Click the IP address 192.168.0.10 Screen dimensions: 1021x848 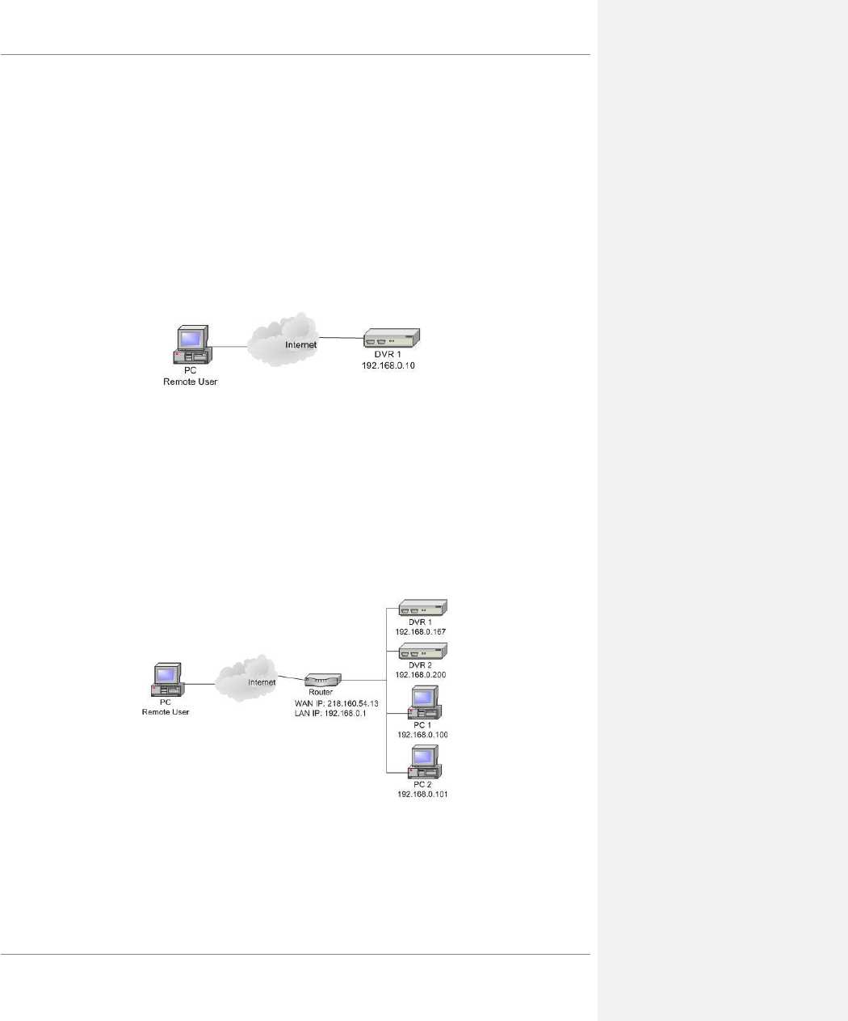(x=388, y=366)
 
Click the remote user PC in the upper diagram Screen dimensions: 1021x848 (x=191, y=347)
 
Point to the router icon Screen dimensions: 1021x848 (x=323, y=681)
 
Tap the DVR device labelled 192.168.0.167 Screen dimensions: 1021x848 (x=422, y=608)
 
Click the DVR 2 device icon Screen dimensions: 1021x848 (x=422, y=652)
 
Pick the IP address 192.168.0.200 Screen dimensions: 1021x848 (x=421, y=674)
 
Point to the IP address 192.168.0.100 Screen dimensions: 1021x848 (x=422, y=735)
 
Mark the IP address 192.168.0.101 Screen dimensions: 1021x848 (x=422, y=795)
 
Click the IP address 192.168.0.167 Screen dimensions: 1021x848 (x=421, y=631)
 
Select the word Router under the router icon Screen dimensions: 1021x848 (x=321, y=693)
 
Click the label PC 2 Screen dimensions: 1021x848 (x=422, y=785)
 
